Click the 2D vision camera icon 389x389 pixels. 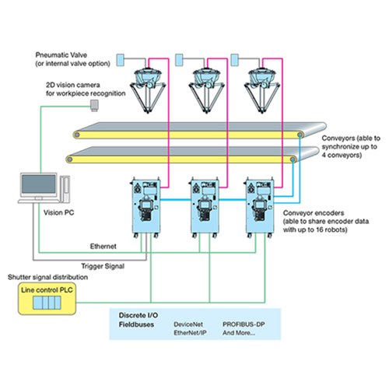(x=94, y=106)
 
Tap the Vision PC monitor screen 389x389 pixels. (x=39, y=184)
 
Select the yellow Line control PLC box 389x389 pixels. (x=47, y=299)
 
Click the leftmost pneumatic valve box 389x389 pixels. (x=120, y=60)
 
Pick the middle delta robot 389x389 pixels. (x=207, y=89)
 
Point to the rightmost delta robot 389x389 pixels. (x=262, y=89)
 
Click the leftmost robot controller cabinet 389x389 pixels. (x=145, y=208)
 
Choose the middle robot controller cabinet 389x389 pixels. (x=205, y=208)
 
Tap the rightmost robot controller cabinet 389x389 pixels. (x=260, y=208)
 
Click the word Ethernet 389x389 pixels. (x=103, y=246)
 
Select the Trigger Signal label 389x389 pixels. (x=103, y=266)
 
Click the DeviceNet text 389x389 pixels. (x=188, y=324)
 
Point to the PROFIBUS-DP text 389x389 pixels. (x=244, y=324)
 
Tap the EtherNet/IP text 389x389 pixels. (x=190, y=333)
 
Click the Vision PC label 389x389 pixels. (x=58, y=212)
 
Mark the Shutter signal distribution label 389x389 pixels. (x=47, y=277)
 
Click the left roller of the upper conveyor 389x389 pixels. (x=76, y=135)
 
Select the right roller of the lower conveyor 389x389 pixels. (x=293, y=159)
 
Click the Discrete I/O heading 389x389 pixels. (x=138, y=315)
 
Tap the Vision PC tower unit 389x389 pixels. (x=65, y=189)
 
